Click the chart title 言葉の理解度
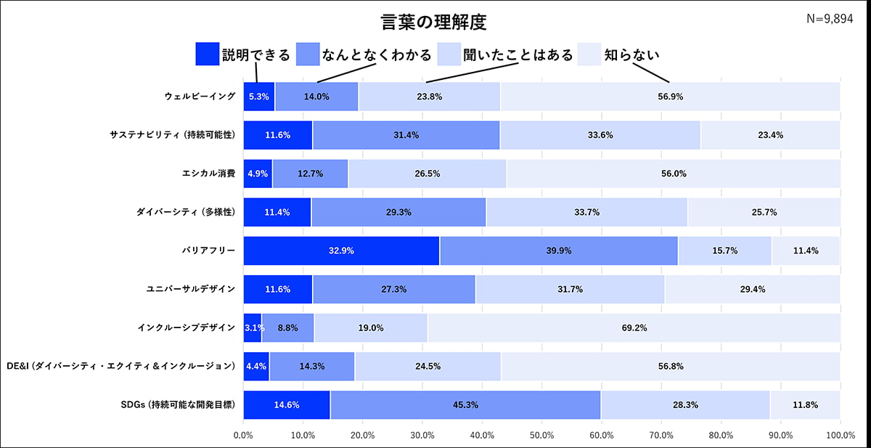click(x=434, y=20)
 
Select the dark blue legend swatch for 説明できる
click(x=207, y=54)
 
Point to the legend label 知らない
click(x=631, y=55)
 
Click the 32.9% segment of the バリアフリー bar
click(x=341, y=251)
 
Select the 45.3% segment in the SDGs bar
click(x=465, y=404)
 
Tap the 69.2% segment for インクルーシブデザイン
click(x=634, y=327)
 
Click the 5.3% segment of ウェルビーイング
click(x=258, y=97)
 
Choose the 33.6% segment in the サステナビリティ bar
click(x=600, y=135)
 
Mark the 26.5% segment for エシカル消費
click(x=427, y=174)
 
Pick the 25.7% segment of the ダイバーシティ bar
click(x=764, y=212)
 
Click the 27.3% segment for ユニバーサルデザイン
click(x=394, y=289)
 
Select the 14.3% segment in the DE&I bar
click(x=312, y=366)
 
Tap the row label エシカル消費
click(x=208, y=174)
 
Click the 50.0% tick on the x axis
click(x=541, y=436)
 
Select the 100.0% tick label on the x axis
click(x=840, y=436)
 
